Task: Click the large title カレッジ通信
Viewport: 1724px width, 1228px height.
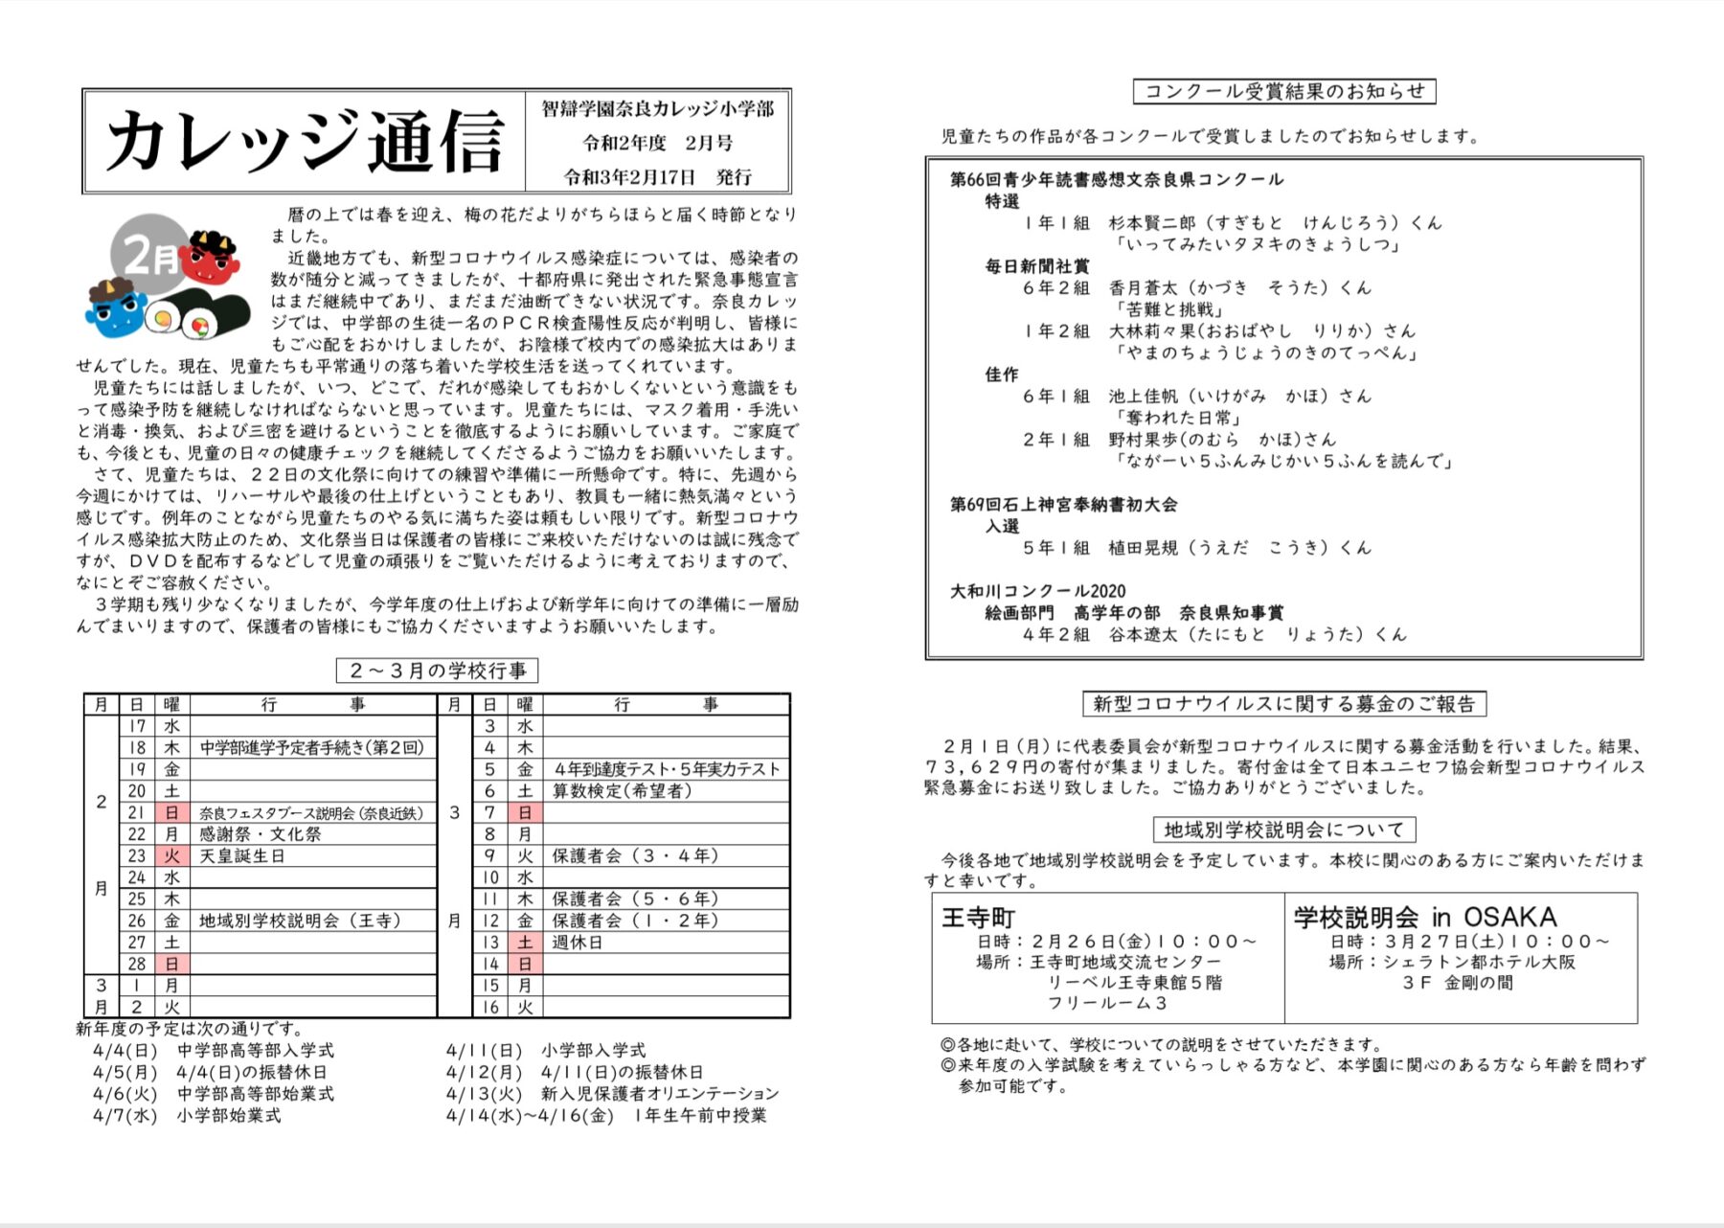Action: coord(305,142)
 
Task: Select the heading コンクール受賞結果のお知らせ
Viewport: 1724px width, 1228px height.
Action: coord(1284,92)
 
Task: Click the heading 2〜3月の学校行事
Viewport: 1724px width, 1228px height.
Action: coord(437,671)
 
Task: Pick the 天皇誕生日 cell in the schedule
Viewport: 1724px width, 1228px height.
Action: coord(242,856)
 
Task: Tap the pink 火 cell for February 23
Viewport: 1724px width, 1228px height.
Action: coord(171,856)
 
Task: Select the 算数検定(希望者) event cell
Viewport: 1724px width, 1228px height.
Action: coord(622,791)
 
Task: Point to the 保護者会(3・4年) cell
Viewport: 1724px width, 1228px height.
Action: coord(635,856)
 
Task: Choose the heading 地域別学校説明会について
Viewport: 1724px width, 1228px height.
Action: coord(1284,830)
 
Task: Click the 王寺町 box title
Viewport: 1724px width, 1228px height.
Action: coord(978,918)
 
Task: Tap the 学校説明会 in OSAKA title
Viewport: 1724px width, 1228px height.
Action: coord(1425,918)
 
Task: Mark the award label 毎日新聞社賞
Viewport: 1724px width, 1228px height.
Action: coord(1037,266)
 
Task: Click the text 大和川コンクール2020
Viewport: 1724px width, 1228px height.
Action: coord(1037,591)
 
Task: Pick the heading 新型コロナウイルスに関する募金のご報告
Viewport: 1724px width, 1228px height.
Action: coord(1284,704)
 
